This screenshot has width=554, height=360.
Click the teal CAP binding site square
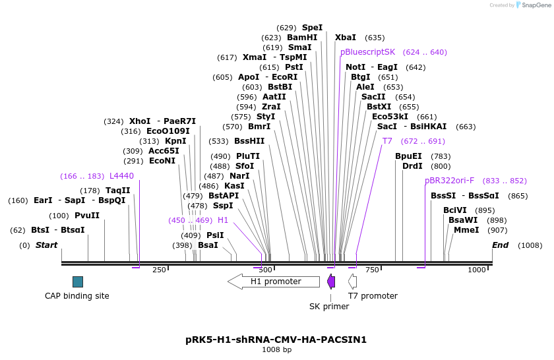pos(78,282)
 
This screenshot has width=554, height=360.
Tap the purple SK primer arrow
pos(331,282)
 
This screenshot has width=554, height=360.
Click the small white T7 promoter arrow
pos(353,282)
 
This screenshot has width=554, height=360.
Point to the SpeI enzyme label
pos(312,28)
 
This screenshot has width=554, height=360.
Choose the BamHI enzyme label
pos(302,38)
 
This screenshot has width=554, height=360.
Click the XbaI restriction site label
pos(346,38)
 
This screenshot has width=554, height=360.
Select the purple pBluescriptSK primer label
pos(368,52)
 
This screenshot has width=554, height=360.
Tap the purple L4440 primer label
pos(121,176)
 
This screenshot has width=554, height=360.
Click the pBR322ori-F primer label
pos(450,181)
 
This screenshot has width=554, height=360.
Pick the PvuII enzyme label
pos(87,216)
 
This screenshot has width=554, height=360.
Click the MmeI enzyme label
pos(466,230)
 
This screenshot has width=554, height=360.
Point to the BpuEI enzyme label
pos(408,156)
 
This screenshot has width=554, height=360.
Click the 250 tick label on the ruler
pos(159,270)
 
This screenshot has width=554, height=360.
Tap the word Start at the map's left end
pos(46,245)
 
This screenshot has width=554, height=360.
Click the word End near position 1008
pos(501,245)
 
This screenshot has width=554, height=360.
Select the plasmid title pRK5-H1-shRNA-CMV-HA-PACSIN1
pos(276,340)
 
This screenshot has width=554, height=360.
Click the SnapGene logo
pos(533,5)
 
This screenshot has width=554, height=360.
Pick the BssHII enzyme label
pos(249,141)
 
